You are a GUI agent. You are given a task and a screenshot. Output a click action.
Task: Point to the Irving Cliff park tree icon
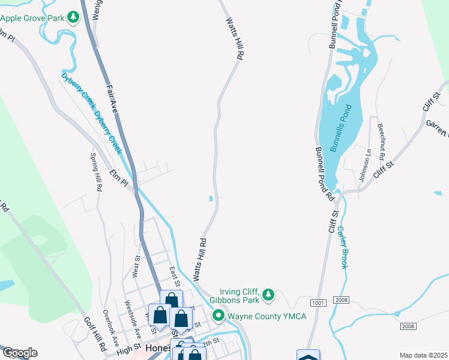270,295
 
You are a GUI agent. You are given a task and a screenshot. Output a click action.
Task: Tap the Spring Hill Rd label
96,172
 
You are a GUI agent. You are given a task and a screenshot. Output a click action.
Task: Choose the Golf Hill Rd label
95,334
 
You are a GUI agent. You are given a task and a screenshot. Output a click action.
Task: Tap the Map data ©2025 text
423,355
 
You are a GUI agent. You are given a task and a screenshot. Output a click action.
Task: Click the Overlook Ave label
109,325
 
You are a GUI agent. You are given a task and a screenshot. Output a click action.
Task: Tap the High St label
128,349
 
